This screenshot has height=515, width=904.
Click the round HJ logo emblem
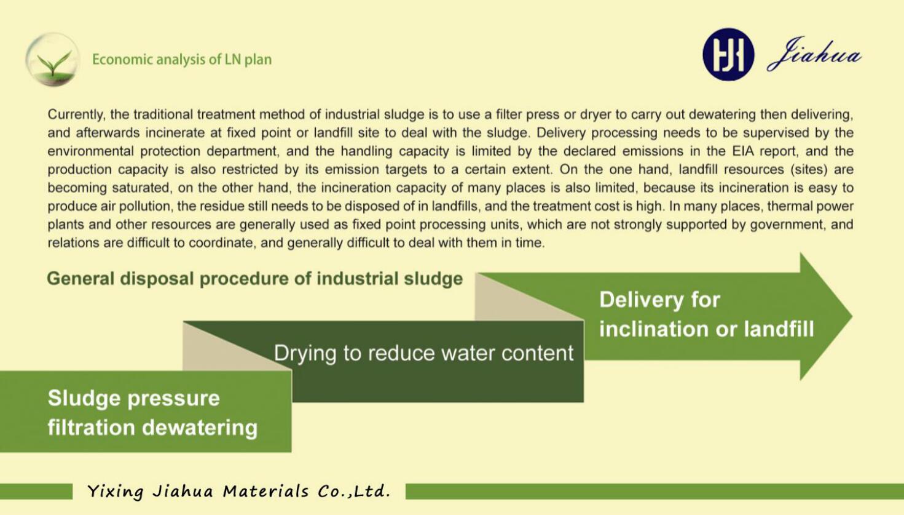pos(728,54)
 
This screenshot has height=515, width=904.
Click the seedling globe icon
pos(52,60)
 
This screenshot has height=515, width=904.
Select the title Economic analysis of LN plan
pos(182,60)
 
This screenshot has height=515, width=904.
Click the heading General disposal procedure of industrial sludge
pos(254,279)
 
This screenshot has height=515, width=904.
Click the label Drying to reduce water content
pos(424,353)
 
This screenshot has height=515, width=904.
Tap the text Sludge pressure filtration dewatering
pos(152,413)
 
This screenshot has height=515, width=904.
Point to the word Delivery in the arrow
pos(642,300)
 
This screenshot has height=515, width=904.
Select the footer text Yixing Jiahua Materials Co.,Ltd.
pos(239,492)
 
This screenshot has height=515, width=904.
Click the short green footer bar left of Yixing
pos(36,492)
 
